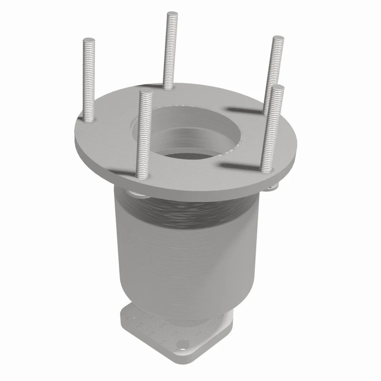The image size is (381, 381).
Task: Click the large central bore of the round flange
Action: click(195, 133)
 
